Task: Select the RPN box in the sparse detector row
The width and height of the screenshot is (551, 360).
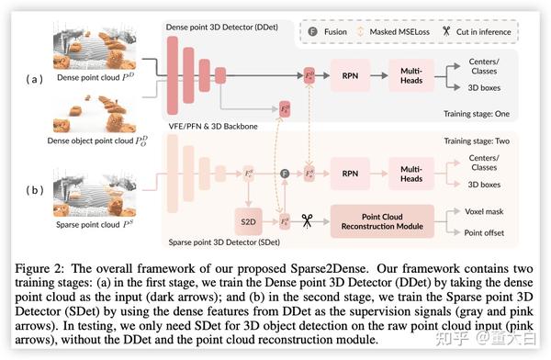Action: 348,172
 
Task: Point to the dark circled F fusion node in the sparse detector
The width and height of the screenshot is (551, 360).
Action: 284,172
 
